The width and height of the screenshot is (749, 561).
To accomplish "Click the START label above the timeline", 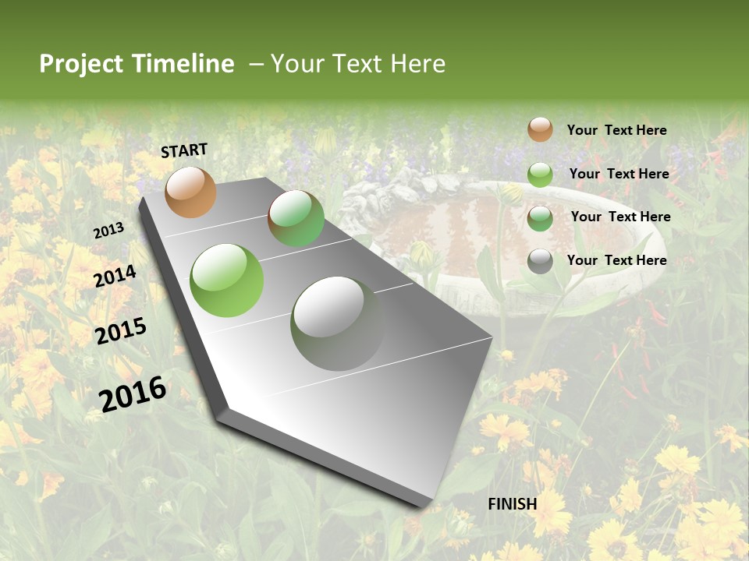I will click(184, 150).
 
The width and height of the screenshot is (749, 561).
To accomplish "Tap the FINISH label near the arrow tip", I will click(513, 504).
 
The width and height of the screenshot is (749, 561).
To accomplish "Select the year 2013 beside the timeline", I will click(108, 231).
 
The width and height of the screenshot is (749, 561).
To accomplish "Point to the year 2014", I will click(115, 277).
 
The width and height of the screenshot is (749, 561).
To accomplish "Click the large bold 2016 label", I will click(133, 393).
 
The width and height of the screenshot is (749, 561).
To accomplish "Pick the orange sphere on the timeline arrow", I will click(191, 192).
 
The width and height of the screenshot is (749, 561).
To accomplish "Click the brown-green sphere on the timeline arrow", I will click(296, 218).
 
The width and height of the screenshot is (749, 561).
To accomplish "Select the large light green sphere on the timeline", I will click(227, 280).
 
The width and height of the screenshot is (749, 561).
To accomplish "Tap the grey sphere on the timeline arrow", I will click(337, 323).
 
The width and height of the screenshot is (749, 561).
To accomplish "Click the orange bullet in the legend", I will click(540, 129).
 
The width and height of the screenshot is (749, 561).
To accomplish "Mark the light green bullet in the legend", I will click(540, 175).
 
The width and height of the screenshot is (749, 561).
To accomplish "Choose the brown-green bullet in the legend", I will click(540, 218).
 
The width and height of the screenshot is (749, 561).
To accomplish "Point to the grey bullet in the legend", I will click(540, 261).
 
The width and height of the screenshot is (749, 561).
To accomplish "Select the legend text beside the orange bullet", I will click(616, 130).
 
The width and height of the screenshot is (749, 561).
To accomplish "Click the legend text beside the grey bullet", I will click(616, 260).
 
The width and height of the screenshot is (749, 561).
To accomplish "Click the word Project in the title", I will click(80, 64).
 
